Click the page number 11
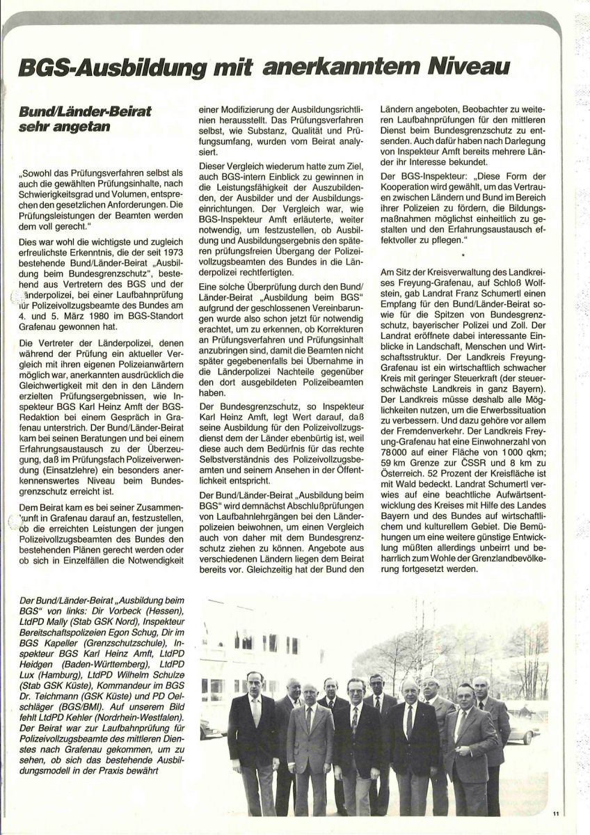(556, 813)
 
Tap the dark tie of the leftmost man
(255, 713)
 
